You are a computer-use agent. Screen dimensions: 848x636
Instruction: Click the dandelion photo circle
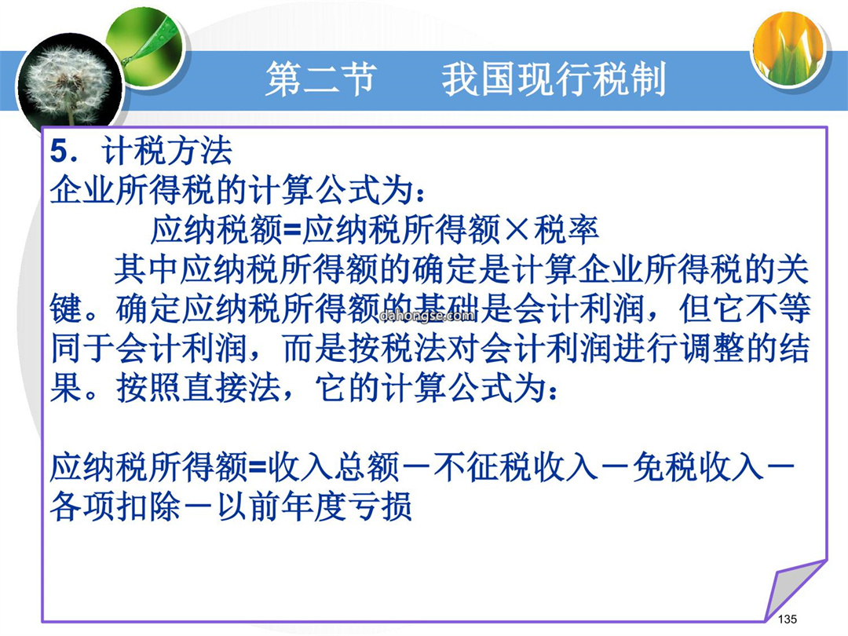click(68, 86)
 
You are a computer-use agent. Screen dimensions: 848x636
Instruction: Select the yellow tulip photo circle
click(789, 48)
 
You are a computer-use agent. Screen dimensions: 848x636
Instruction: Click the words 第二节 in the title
click(321, 79)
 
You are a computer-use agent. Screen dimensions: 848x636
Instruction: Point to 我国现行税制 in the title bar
click(554, 79)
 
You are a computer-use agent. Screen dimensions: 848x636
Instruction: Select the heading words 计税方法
click(166, 151)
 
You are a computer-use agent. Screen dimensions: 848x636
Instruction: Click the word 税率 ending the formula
click(566, 230)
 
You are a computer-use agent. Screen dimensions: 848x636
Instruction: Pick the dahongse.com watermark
click(426, 316)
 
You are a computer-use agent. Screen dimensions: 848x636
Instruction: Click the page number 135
click(787, 620)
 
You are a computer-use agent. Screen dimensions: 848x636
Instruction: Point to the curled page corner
click(795, 590)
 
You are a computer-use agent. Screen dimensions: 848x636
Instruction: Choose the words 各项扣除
click(115, 507)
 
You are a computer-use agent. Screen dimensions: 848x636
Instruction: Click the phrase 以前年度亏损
click(314, 507)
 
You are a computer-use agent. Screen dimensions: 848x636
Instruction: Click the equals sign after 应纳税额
click(291, 230)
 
